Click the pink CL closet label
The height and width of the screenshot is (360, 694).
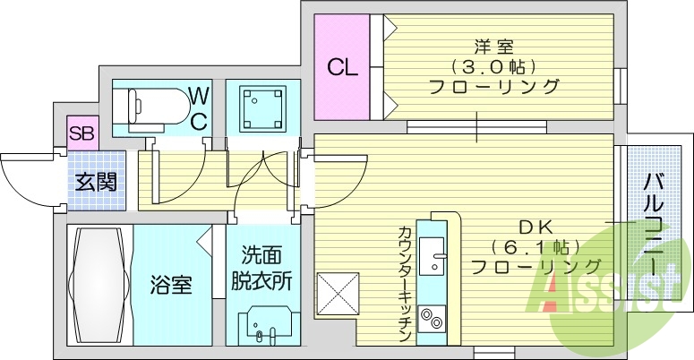[x=341, y=67]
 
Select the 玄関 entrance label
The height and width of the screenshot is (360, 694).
[x=94, y=182]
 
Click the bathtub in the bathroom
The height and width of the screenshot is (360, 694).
[x=99, y=285]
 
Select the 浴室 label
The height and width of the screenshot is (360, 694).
[x=171, y=287]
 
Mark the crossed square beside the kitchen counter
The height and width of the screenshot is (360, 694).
[x=338, y=294]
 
